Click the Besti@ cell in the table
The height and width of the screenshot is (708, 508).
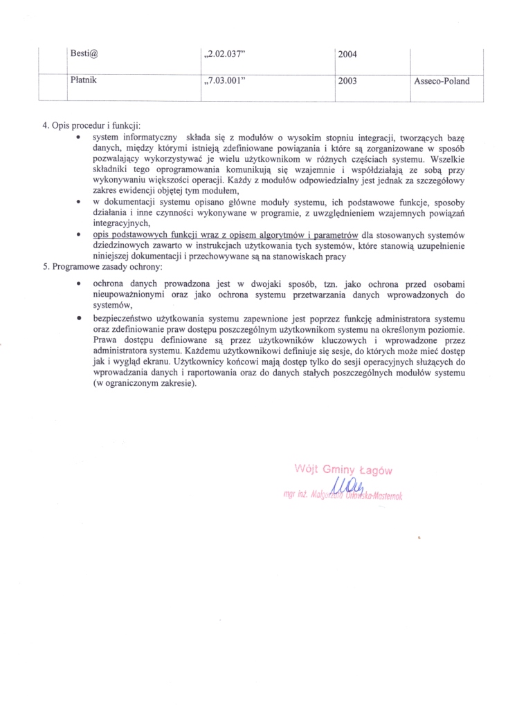(86, 53)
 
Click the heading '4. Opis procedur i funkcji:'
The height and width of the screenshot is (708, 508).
(91, 126)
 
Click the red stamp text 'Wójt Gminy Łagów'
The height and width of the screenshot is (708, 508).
(343, 470)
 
